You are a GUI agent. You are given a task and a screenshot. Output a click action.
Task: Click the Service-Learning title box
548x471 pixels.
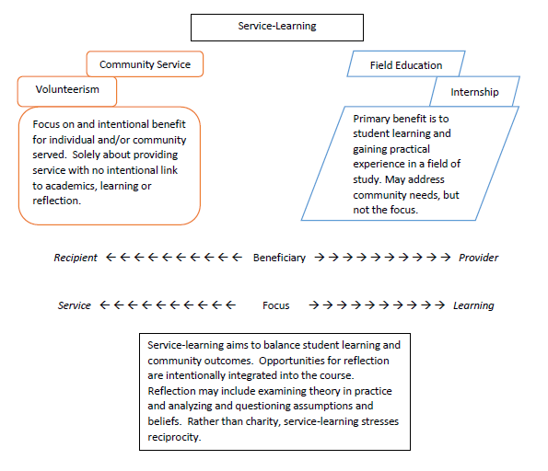(x=276, y=27)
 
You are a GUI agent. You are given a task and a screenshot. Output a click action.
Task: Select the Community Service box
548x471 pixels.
(x=145, y=64)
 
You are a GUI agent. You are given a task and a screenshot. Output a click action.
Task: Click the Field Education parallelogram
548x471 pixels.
(x=406, y=65)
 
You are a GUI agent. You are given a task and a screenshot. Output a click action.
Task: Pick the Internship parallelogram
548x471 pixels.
(x=474, y=92)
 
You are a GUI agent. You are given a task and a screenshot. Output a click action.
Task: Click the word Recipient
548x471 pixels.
(x=76, y=258)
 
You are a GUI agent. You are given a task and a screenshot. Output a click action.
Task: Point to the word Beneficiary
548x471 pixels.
(x=279, y=258)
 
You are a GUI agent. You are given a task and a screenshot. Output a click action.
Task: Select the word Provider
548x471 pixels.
(x=478, y=258)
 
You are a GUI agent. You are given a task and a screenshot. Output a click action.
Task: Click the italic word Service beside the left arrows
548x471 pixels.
(x=75, y=305)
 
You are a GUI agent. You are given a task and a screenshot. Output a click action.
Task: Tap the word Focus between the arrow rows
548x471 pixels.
(x=276, y=305)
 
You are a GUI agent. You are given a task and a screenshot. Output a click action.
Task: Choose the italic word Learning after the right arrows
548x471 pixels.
(x=473, y=305)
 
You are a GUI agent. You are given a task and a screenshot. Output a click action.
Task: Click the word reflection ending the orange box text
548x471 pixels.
(x=60, y=201)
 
